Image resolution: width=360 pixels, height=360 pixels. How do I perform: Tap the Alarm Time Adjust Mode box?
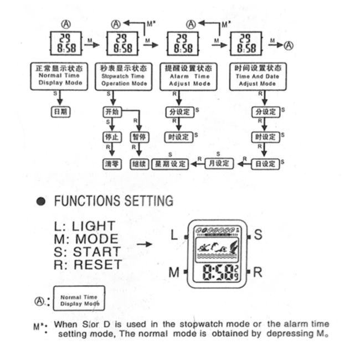click(189, 76)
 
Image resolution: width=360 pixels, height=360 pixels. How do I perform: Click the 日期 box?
click(60, 111)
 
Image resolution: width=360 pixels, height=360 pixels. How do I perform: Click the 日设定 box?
click(264, 163)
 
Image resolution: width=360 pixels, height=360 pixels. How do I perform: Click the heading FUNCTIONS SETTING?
click(113, 200)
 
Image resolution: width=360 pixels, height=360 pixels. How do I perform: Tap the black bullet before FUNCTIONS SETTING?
click(40, 201)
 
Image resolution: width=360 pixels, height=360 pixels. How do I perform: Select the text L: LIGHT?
click(85, 226)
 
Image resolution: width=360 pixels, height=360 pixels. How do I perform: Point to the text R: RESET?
click(88, 265)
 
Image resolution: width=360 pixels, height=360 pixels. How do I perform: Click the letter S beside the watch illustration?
click(258, 234)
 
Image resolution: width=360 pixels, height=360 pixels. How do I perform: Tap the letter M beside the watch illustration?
click(174, 272)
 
